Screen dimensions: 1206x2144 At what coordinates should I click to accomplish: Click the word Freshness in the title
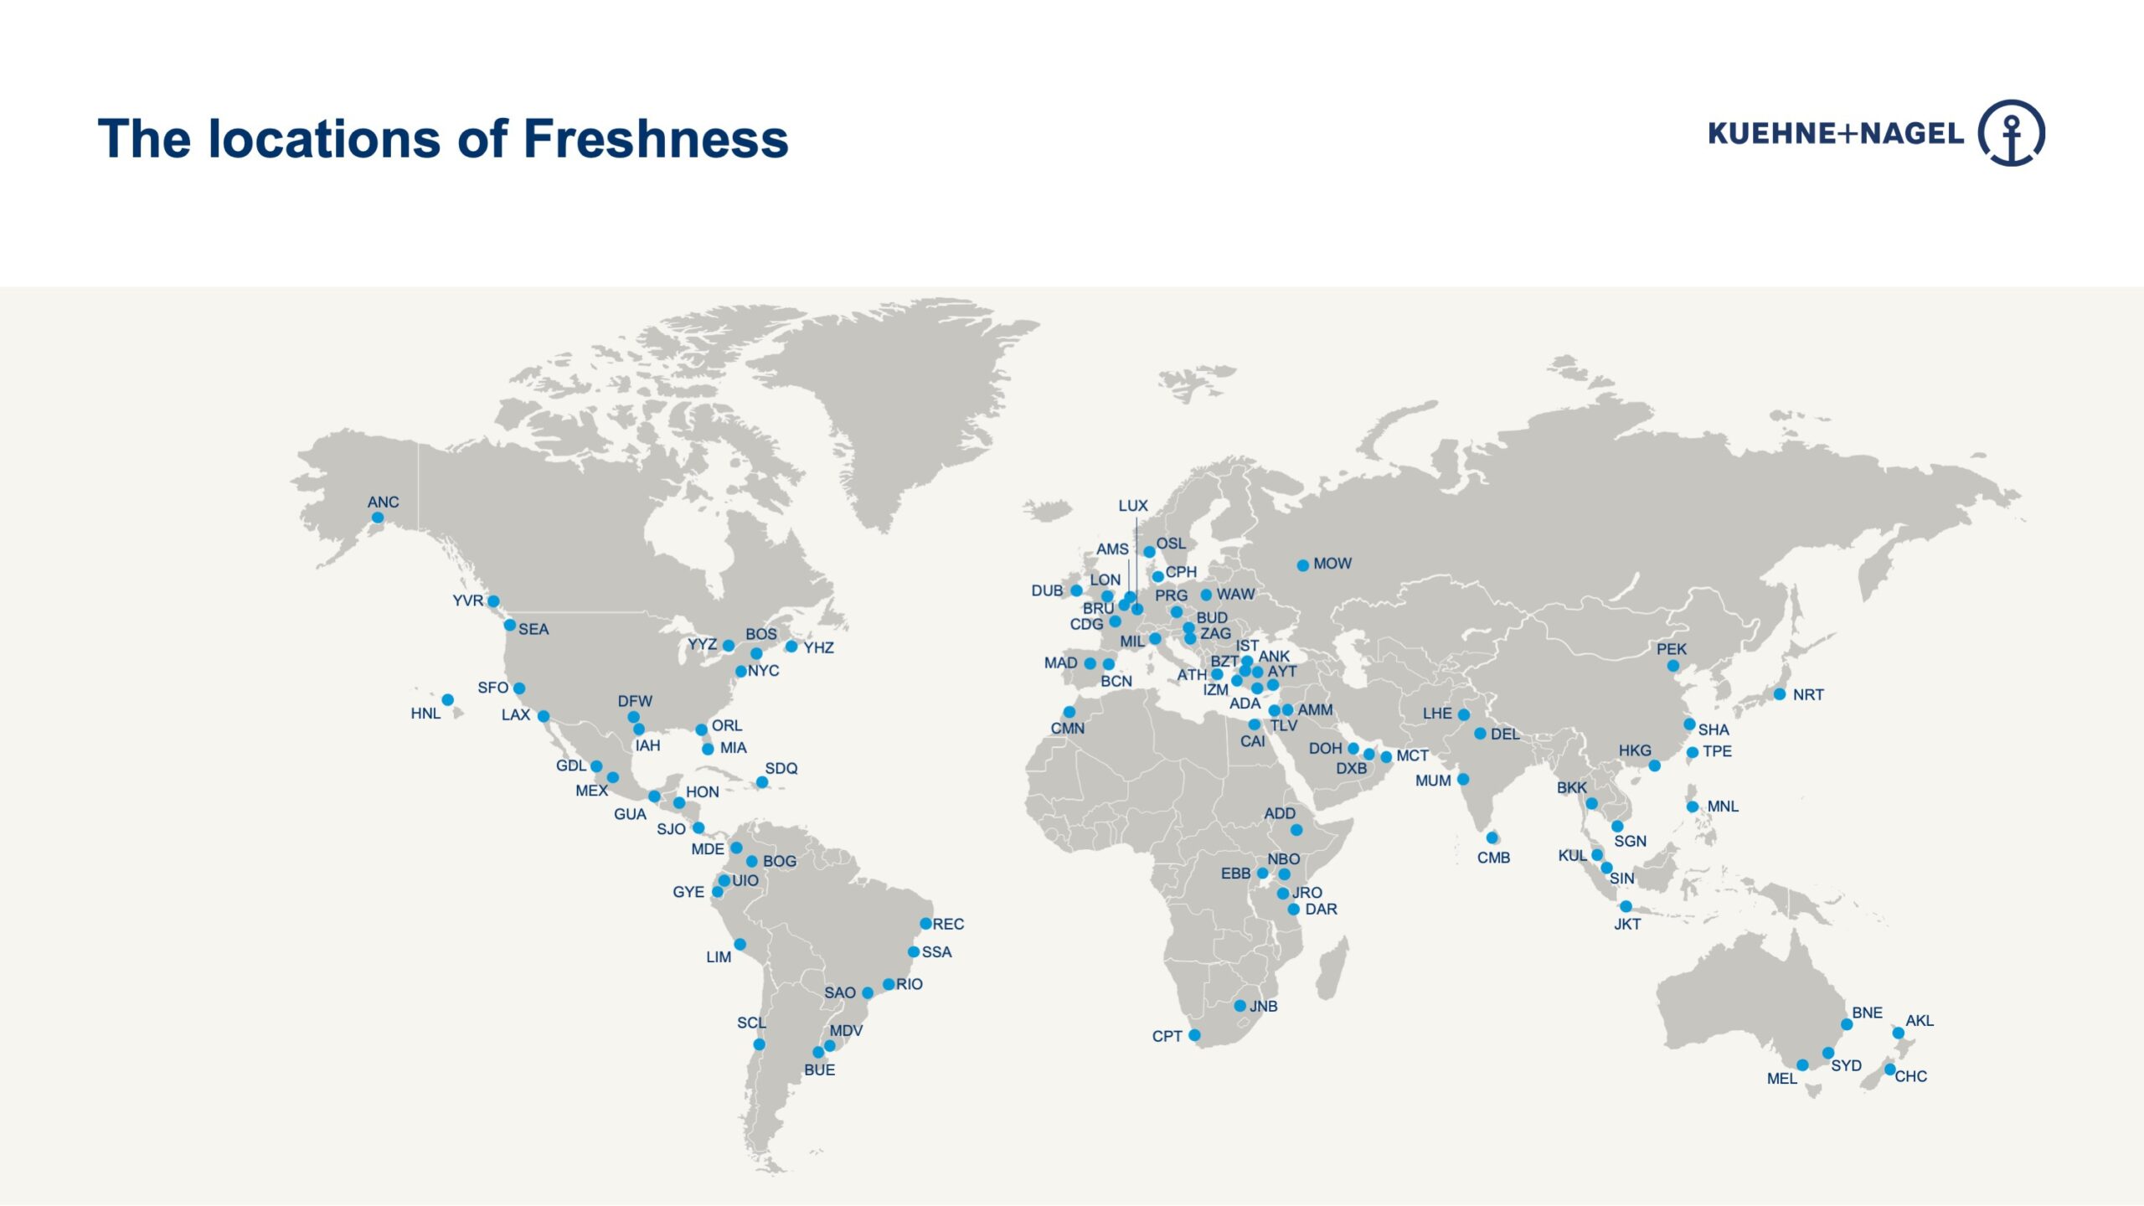[x=656, y=138]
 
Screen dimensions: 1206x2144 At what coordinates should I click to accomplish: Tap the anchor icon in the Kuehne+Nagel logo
[x=2012, y=133]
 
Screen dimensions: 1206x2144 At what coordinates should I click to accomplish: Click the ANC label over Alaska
[x=383, y=502]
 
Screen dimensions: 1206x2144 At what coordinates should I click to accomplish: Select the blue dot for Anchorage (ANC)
[x=378, y=518]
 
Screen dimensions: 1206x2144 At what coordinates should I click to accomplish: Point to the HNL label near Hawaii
[x=425, y=714]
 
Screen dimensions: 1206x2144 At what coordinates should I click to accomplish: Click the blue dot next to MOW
[x=1302, y=565]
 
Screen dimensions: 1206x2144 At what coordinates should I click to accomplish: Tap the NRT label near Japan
[x=1808, y=694]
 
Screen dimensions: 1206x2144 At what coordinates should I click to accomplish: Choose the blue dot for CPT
[x=1194, y=1035]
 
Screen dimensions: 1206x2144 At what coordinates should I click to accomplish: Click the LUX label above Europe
[x=1132, y=506]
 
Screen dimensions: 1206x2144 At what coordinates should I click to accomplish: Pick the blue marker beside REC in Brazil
[x=925, y=924]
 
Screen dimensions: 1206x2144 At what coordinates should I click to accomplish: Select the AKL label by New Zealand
[x=1920, y=1020]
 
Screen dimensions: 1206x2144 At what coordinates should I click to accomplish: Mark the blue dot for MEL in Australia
[x=1802, y=1065]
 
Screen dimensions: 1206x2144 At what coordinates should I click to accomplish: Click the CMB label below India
[x=1493, y=858]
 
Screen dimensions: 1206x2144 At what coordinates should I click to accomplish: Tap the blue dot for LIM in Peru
[x=740, y=945]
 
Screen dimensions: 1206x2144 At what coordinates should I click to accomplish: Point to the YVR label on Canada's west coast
[x=467, y=600]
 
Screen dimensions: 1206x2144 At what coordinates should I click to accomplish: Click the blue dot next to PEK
[x=1672, y=666]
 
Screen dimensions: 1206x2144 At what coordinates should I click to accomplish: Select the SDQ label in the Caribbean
[x=781, y=768]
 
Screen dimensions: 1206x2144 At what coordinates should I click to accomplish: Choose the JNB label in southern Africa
[x=1263, y=1006]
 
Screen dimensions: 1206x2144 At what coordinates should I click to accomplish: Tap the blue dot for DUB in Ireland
[x=1076, y=590]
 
